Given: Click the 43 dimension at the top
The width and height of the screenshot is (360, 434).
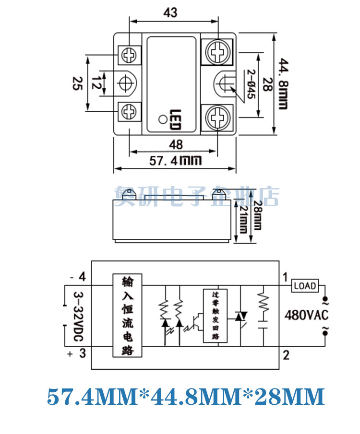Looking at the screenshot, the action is click(170, 13).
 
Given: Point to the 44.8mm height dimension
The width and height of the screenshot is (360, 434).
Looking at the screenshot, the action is click(283, 84).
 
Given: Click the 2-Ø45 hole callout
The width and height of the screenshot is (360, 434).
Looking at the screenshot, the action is click(250, 84).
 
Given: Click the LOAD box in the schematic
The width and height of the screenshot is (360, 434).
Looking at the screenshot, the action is click(305, 286).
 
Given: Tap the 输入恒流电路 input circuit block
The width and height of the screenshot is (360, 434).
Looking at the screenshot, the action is click(128, 315).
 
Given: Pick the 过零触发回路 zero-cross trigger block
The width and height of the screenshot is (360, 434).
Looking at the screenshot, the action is click(215, 315).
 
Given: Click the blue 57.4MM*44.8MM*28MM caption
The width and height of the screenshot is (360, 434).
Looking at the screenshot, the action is click(186, 398).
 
